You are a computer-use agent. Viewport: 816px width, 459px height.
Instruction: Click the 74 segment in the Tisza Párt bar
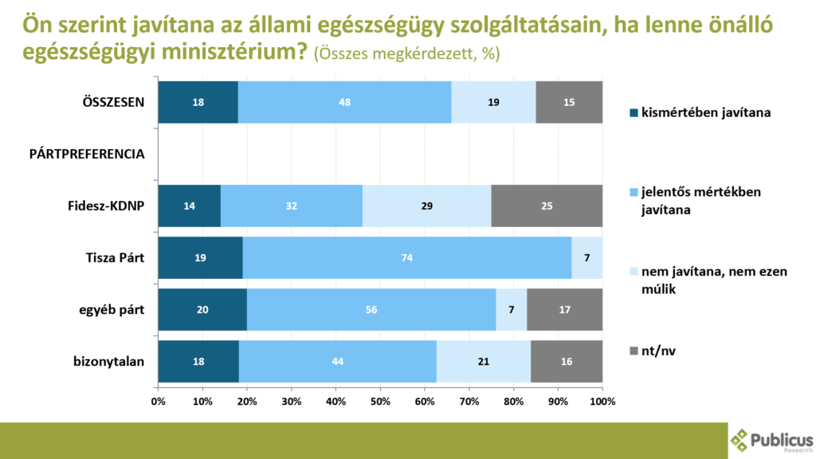(407, 258)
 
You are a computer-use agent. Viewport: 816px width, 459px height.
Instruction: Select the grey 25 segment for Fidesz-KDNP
(547, 206)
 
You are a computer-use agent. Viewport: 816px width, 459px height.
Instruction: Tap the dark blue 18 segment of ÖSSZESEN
(198, 102)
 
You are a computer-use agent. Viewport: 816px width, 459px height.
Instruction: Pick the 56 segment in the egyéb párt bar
(371, 310)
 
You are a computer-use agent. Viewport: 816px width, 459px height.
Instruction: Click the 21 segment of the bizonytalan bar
(484, 362)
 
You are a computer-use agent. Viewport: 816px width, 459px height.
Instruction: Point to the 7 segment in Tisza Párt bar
(586, 258)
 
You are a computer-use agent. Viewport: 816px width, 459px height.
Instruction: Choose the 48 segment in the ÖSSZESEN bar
(344, 102)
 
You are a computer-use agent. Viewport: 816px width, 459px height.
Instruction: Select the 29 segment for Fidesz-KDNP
(426, 206)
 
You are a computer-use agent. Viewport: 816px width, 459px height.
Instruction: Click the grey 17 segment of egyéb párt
(564, 310)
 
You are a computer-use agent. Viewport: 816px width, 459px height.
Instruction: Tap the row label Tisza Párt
(115, 258)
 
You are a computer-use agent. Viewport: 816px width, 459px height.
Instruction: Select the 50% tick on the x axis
(380, 402)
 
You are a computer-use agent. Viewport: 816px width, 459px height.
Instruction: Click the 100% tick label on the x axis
(602, 402)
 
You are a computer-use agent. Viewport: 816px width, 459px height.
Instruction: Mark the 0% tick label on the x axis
(158, 402)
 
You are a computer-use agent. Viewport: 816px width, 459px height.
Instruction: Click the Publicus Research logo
(771, 441)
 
